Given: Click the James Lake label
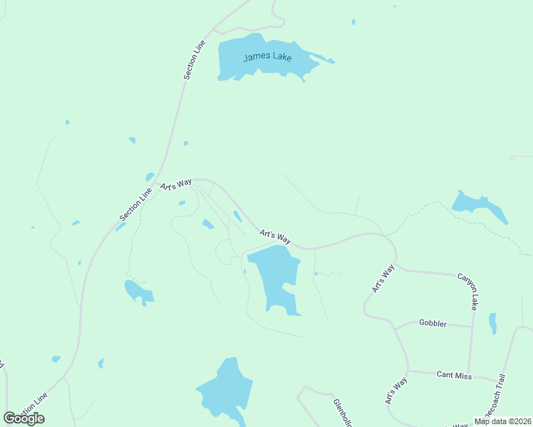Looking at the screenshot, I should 267,56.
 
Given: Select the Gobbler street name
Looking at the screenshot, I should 433,324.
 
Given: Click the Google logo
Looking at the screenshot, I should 24,418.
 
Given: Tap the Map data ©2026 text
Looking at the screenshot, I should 502,421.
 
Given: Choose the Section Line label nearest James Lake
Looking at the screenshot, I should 195,59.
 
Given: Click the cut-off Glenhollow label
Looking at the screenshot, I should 342,412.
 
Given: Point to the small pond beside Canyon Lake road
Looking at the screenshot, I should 492,323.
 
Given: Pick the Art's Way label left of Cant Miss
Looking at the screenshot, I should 396,391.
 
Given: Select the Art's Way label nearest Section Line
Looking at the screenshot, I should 177,184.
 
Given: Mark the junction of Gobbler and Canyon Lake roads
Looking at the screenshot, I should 472,327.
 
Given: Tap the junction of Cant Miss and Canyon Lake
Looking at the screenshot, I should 468,376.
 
